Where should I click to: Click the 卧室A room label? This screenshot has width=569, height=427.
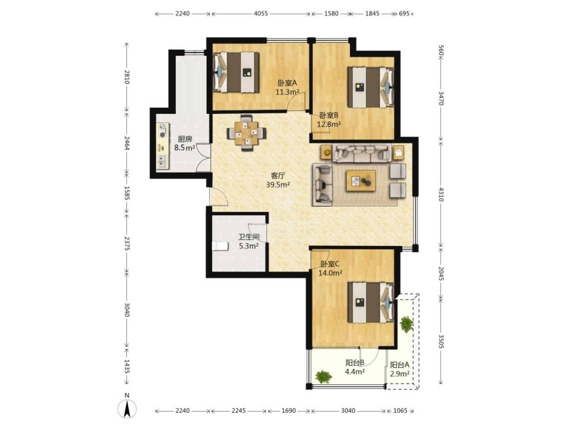coord(287,83)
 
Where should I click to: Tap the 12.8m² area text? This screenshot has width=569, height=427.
coord(329,124)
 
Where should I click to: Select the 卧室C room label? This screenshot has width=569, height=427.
coord(330,264)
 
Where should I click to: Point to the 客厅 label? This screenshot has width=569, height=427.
coord(278,176)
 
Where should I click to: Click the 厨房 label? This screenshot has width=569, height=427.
coord(185,139)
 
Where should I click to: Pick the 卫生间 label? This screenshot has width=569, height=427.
coord(249,237)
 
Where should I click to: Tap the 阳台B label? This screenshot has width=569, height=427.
coord(355,363)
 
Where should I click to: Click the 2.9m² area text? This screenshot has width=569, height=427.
coord(400,374)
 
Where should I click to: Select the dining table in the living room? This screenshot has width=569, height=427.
coord(246,133)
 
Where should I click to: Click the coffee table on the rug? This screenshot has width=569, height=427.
coord(361,181)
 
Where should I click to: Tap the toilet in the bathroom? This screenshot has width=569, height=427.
coord(220,246)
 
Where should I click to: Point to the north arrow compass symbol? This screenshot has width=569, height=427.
coord(127,409)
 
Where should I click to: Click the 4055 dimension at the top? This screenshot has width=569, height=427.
coord(260,14)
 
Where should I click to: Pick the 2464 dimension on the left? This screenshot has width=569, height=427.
coord(127,143)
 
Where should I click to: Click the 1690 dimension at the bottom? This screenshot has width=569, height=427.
coord(289,411)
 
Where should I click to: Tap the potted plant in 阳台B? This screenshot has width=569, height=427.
coord(323,377)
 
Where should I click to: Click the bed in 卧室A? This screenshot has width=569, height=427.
coord(236,72)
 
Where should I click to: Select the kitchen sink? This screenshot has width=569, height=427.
coord(163,161)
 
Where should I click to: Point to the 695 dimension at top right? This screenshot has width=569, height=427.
coord(404,14)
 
